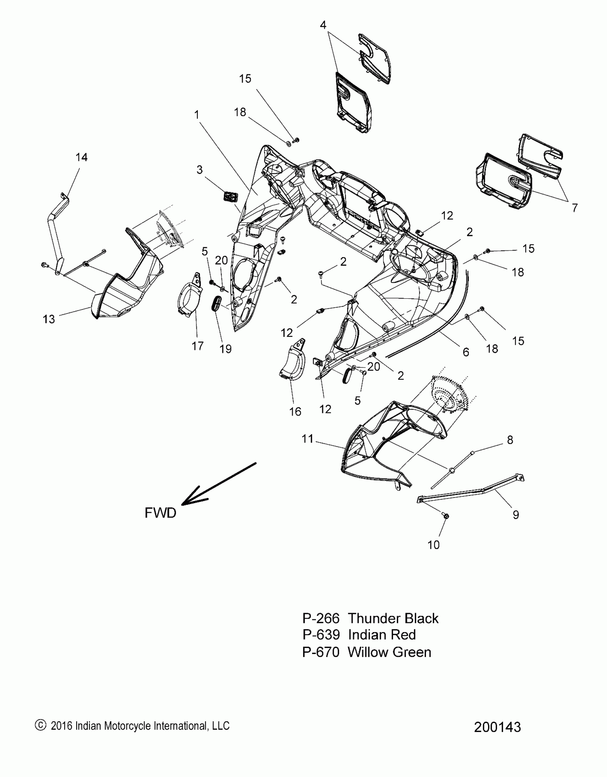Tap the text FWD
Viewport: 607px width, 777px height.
tap(160, 513)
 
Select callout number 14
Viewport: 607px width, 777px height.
tap(81, 157)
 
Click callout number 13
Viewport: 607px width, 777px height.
tap(49, 319)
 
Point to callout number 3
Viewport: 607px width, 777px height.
tap(200, 169)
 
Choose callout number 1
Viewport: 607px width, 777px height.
tap(196, 115)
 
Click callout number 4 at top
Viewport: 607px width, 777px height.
tap(323, 25)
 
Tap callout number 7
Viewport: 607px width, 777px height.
tap(575, 208)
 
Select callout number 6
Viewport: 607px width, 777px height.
tap(466, 352)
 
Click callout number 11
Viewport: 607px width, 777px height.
tap(307, 439)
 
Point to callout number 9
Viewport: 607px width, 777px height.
tap(516, 514)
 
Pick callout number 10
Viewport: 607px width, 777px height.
tap(433, 545)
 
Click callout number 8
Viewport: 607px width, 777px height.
tap(510, 440)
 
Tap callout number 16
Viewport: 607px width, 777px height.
tap(295, 412)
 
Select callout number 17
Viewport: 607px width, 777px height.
tap(197, 346)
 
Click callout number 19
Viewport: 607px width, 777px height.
tap(226, 349)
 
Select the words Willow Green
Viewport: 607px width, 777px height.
tap(389, 652)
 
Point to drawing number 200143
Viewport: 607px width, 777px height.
tap(497, 727)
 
